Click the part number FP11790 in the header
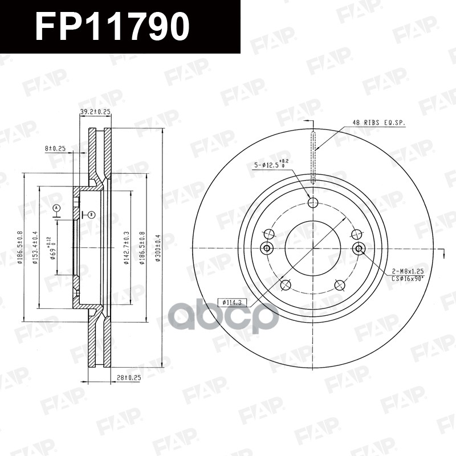(x=112, y=27)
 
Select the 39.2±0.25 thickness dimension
(x=95, y=112)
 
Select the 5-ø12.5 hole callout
(x=271, y=165)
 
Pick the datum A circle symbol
(x=56, y=208)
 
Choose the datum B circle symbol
(x=91, y=214)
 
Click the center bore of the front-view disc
(x=312, y=248)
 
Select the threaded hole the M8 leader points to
(x=359, y=248)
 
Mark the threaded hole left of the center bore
(x=266, y=248)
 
